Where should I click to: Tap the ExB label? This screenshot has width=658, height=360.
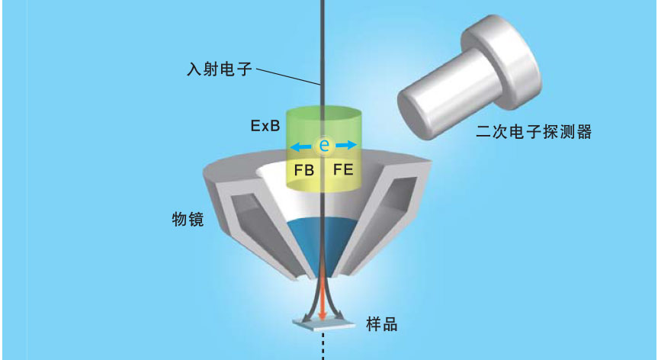click(262, 126)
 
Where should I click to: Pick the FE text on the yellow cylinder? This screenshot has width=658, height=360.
click(343, 169)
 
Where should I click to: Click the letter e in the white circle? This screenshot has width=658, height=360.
click(323, 145)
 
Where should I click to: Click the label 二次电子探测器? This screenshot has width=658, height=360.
click(533, 132)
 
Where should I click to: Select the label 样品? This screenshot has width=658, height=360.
click(381, 323)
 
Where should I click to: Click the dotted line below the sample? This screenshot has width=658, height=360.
click(323, 347)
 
